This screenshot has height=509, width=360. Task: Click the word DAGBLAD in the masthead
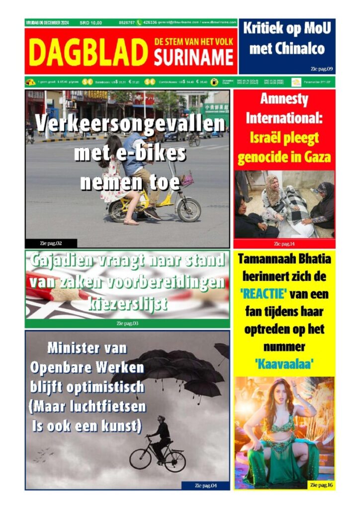(89, 52)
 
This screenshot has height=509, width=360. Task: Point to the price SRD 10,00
(91, 22)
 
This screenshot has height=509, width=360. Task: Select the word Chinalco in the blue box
(287, 49)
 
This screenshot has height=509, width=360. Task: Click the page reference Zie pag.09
(321, 68)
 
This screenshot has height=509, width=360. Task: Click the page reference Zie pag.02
(51, 243)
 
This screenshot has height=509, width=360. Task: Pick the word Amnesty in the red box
(284, 99)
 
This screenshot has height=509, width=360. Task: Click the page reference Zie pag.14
(284, 244)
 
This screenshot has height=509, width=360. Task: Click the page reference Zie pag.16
(321, 485)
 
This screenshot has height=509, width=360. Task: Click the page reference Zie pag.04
(205, 485)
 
